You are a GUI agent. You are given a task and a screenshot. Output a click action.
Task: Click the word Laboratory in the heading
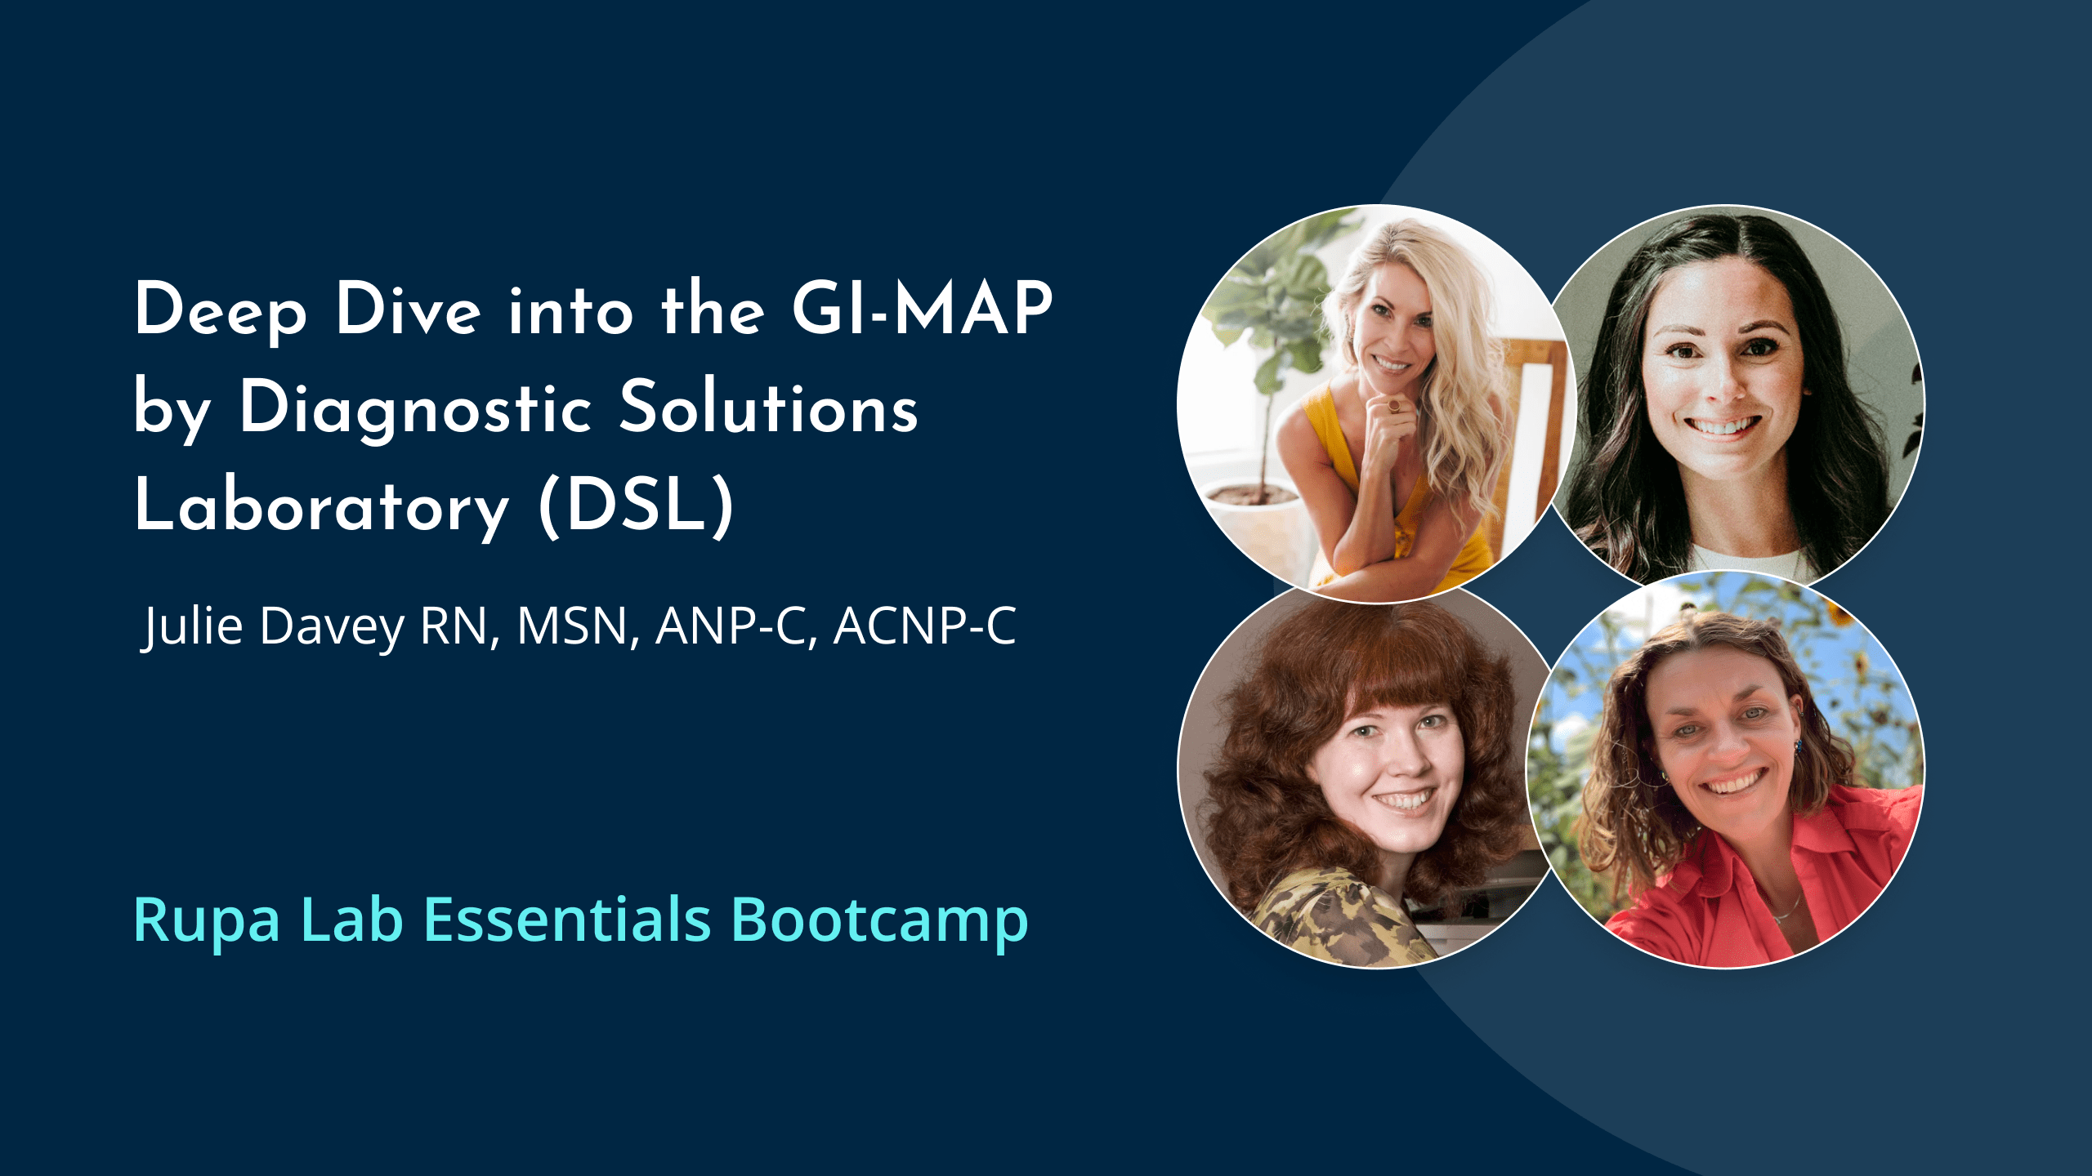click(x=322, y=506)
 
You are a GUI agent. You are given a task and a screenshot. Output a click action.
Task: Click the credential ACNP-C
click(x=924, y=626)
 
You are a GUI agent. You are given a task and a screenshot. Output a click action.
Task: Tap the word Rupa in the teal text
click(x=206, y=920)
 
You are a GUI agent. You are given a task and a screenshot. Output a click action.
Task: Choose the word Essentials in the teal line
click(x=567, y=920)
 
